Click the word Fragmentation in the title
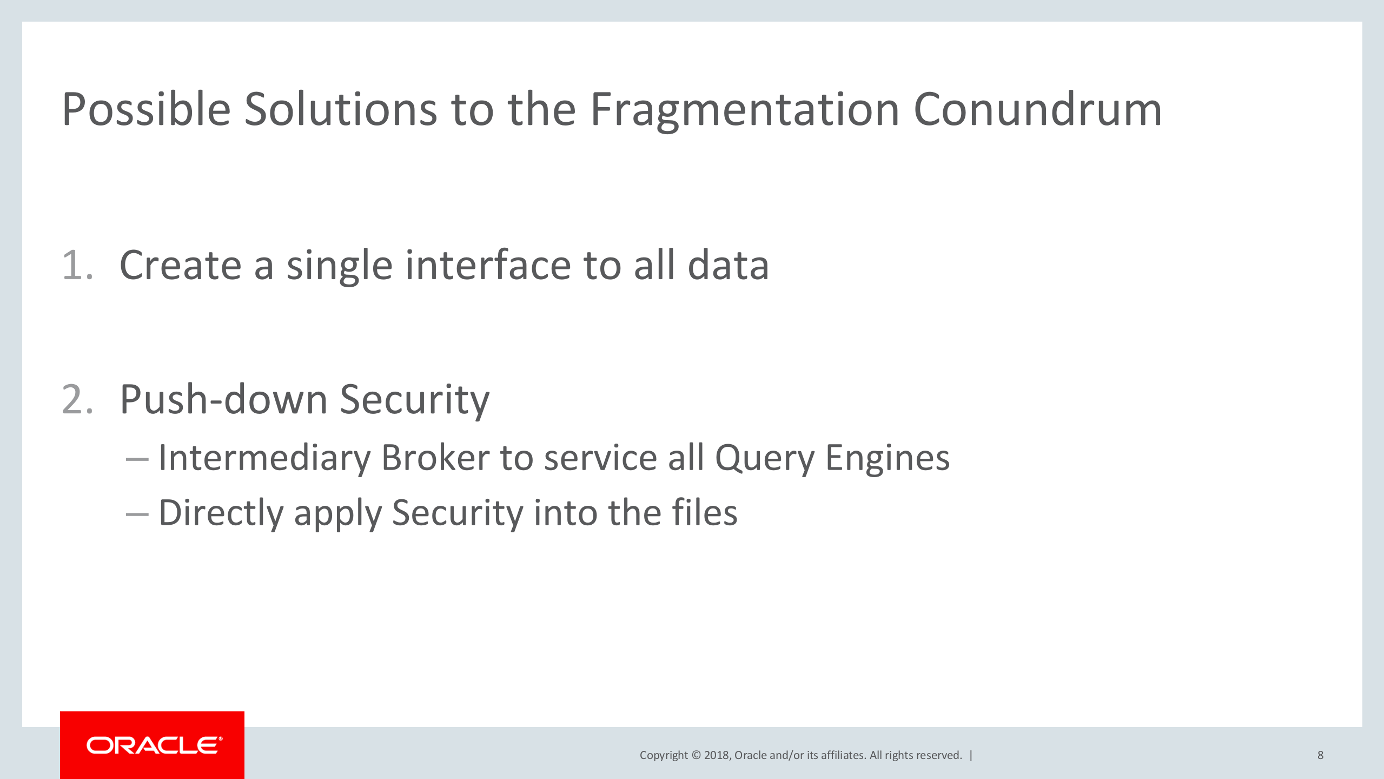(x=745, y=110)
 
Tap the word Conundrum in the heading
(x=1038, y=109)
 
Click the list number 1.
(x=77, y=265)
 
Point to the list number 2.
(x=77, y=399)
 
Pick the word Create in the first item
(x=181, y=265)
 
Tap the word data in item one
(x=728, y=265)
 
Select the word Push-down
(x=223, y=399)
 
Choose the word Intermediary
(x=264, y=458)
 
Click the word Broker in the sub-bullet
(x=435, y=458)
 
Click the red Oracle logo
(x=152, y=745)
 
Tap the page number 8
(x=1320, y=755)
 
